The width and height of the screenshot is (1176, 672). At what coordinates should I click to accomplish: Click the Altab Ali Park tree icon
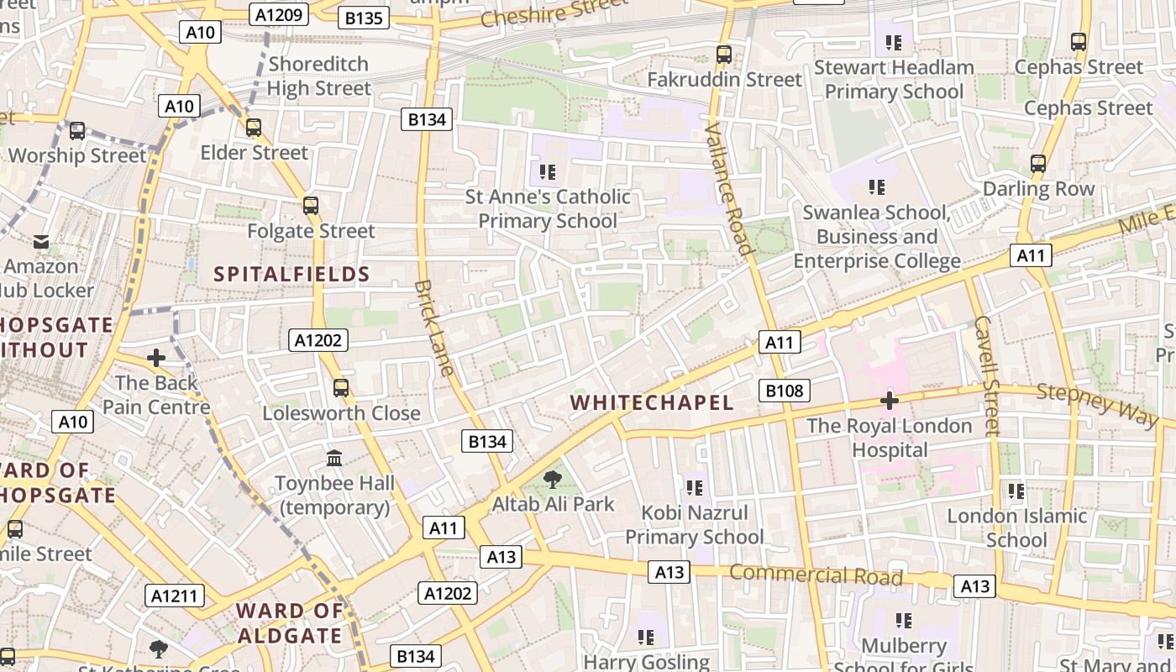tap(552, 480)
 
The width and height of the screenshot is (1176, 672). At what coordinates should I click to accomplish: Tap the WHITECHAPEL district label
tap(652, 402)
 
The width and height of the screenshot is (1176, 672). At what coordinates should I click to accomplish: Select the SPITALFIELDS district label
tap(291, 274)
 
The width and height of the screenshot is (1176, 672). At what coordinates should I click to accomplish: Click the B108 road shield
tap(785, 391)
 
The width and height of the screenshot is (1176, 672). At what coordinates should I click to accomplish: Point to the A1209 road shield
tap(280, 14)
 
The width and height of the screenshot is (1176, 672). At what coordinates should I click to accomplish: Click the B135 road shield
tap(364, 18)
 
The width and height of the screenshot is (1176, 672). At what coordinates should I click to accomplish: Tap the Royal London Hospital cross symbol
tap(889, 401)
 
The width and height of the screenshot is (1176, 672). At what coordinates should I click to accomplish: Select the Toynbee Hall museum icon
tap(334, 459)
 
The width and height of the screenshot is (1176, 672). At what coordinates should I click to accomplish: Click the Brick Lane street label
tap(434, 328)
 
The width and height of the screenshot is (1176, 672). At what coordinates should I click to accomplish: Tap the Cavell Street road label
tap(989, 375)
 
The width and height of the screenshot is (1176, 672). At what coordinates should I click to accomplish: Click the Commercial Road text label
tap(816, 575)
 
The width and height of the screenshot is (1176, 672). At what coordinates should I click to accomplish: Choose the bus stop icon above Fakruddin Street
tap(723, 55)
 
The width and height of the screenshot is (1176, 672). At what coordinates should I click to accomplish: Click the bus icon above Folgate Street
tap(311, 206)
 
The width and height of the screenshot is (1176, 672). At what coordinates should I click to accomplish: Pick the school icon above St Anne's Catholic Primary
tap(548, 172)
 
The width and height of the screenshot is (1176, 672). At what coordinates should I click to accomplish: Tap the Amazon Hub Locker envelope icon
tap(41, 242)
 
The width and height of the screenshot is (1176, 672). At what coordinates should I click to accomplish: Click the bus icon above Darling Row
tap(1038, 164)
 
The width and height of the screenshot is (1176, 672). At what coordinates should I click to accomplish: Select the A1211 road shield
tap(175, 596)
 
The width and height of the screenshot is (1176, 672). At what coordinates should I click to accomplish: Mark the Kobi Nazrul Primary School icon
tap(694, 487)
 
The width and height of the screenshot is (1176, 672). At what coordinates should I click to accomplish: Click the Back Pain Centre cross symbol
tap(155, 359)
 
